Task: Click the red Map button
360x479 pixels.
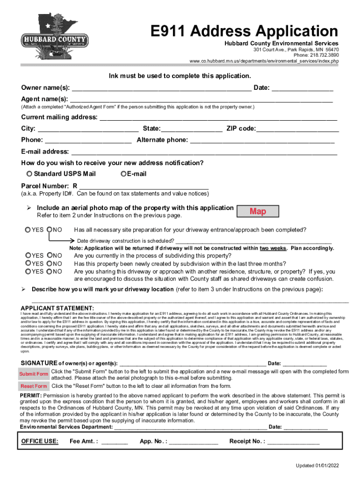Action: coord(258,211)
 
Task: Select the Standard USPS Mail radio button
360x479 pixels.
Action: coord(29,174)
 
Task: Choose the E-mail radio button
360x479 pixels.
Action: coord(123,174)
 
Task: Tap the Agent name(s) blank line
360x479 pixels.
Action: coord(201,100)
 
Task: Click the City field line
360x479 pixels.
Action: coord(88,129)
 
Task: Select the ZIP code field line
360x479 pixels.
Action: coord(297,129)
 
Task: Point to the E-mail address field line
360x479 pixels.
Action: coord(204,152)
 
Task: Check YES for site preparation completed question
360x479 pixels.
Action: coord(28,230)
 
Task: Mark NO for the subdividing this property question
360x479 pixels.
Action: coord(50,255)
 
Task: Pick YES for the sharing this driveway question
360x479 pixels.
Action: coord(28,271)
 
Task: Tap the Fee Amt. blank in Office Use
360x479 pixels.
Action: coord(115,442)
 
